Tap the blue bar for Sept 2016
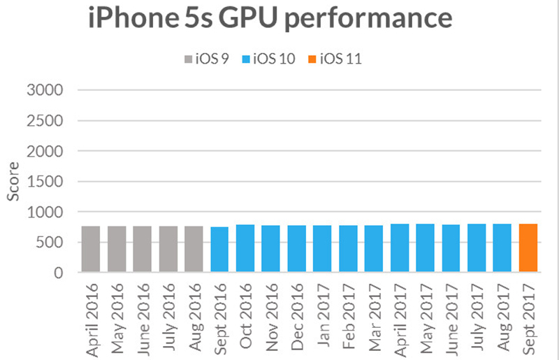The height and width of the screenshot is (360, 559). [219, 250]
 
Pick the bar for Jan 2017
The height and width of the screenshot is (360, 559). [322, 249]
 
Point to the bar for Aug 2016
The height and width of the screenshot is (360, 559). [194, 250]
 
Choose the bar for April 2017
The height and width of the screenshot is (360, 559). [400, 248]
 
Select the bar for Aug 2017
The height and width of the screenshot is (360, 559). [502, 248]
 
